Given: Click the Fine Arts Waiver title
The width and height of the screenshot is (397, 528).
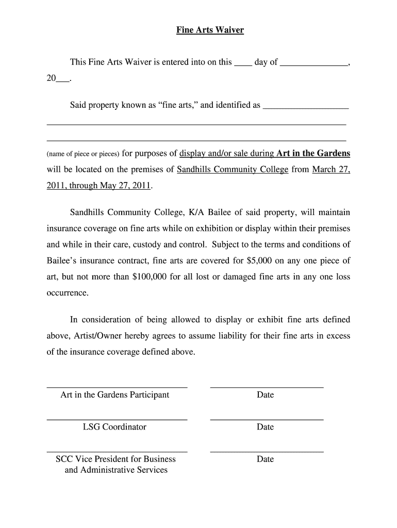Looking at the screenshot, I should (210, 30).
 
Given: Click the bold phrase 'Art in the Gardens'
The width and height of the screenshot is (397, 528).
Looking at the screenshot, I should (313, 153).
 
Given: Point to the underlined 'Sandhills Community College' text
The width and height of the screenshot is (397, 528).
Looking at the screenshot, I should (233, 169).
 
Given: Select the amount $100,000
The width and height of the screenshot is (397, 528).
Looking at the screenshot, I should (150, 276).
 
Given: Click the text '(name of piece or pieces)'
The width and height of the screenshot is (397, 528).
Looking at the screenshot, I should (83, 154).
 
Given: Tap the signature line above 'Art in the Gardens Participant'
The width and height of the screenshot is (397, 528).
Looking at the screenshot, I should (117, 387).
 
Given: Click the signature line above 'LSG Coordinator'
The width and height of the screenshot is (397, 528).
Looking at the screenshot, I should (117, 419).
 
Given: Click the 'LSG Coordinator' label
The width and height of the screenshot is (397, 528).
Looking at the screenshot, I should (114, 427).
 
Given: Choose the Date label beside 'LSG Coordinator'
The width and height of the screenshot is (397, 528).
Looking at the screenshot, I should (265, 427).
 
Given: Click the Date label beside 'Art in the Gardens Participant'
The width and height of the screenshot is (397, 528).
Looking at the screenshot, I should (265, 395).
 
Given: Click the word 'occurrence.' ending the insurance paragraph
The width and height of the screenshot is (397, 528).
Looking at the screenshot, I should (68, 292).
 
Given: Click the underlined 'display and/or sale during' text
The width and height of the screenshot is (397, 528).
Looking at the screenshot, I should (226, 153).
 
